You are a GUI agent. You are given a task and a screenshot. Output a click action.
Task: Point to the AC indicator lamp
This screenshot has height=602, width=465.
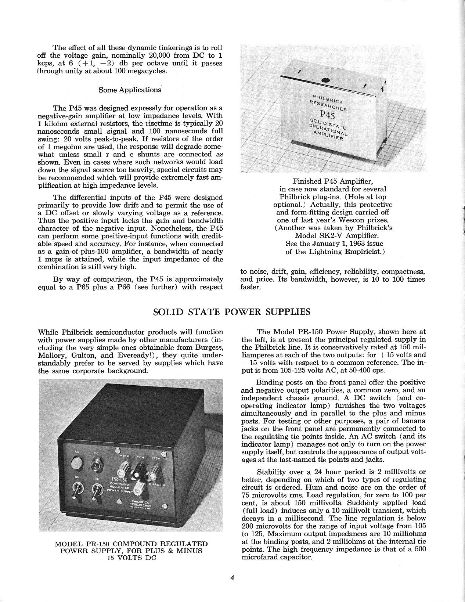pyautogui.click(x=77, y=462)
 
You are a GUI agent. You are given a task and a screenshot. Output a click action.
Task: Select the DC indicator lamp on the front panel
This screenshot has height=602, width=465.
pyautogui.click(x=97, y=462)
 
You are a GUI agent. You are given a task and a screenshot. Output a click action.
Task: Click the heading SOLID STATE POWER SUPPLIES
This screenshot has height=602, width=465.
pyautogui.click(x=231, y=312)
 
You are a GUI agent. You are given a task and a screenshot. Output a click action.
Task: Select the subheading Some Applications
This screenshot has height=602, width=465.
pyautogui.click(x=130, y=90)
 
